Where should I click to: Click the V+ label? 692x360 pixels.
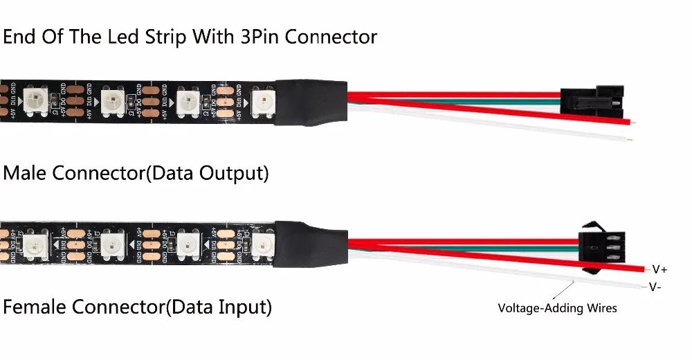pos(659,269)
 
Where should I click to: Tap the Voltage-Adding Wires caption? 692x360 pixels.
pos(558,308)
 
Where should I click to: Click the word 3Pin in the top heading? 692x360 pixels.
pos(255,36)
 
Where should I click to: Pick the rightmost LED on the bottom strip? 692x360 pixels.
pos(264,244)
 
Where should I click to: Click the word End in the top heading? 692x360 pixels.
pos(19,36)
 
